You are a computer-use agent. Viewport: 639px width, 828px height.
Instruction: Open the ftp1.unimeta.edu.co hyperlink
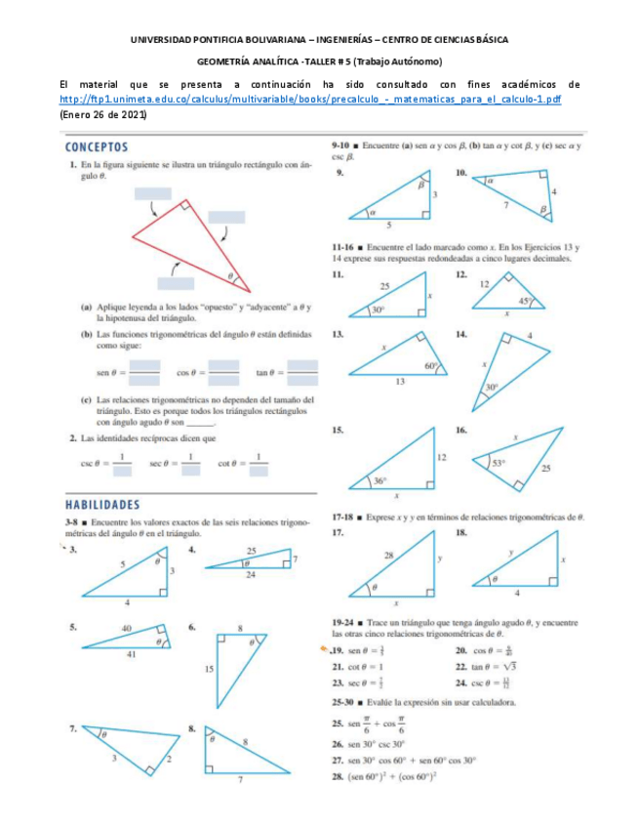pyautogui.click(x=309, y=100)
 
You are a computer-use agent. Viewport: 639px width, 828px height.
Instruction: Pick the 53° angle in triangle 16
pyautogui.click(x=499, y=464)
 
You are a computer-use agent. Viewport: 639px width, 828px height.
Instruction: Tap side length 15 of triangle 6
pyautogui.click(x=210, y=669)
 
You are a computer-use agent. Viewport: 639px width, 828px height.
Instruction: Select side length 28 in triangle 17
pyautogui.click(x=388, y=555)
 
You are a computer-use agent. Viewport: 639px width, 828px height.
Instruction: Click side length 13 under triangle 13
pyautogui.click(x=400, y=382)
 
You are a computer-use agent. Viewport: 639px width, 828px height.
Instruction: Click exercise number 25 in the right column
pyautogui.click(x=338, y=723)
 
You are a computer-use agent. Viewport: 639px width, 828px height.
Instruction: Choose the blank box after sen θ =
pyautogui.click(x=144, y=372)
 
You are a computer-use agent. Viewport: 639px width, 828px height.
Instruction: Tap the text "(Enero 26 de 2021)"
pyautogui.click(x=102, y=114)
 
